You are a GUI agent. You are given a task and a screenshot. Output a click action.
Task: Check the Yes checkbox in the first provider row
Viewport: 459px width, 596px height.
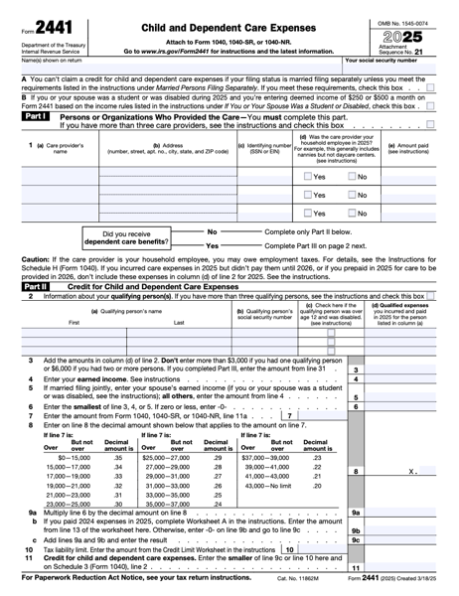(307, 176)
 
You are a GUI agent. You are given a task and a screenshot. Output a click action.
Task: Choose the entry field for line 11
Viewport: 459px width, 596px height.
(407, 567)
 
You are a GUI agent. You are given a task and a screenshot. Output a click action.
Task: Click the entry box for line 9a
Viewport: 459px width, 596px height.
(407, 513)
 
